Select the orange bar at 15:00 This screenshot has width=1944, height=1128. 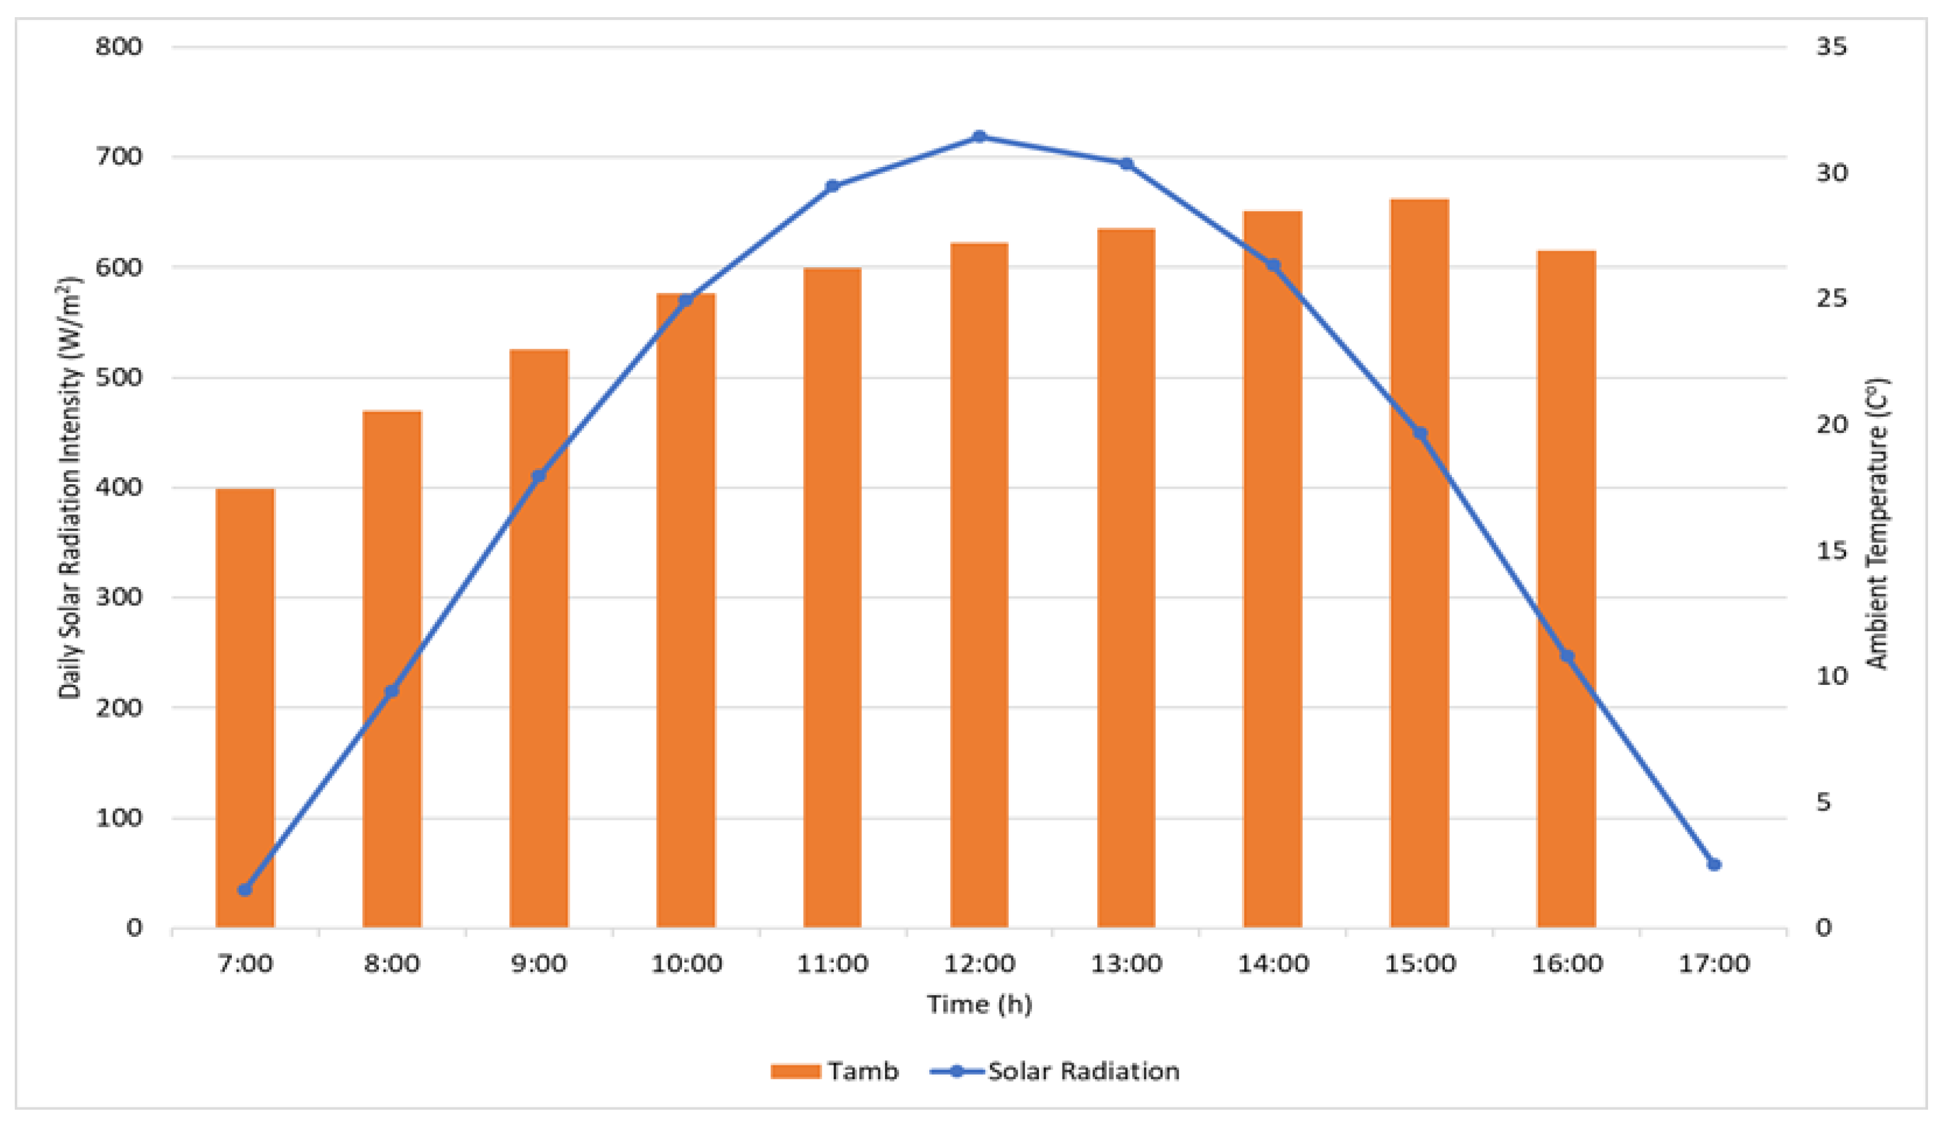pyautogui.click(x=1420, y=563)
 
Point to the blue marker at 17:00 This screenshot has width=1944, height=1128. pyautogui.click(x=1714, y=864)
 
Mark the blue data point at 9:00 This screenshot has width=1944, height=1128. pyautogui.click(x=539, y=476)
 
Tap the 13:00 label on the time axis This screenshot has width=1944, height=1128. pyautogui.click(x=1126, y=963)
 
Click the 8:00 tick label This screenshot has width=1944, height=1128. pyautogui.click(x=392, y=963)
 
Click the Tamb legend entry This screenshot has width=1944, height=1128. pyautogui.click(x=836, y=1071)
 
